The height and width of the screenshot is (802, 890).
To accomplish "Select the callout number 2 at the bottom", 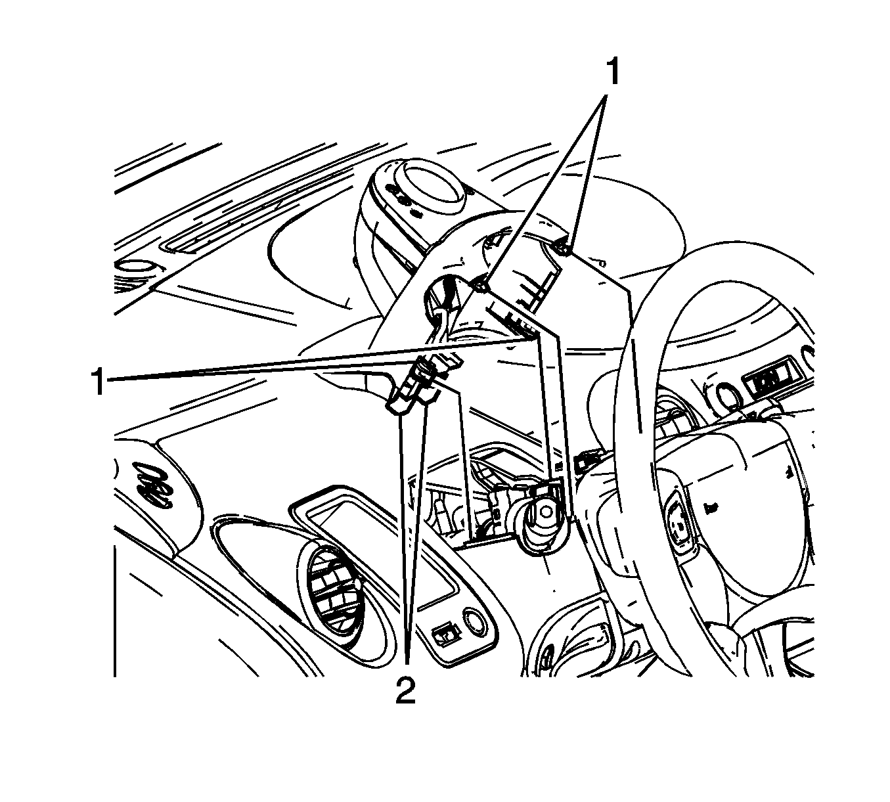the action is coord(405,691).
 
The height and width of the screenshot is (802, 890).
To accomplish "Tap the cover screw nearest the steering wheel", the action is coord(564,249).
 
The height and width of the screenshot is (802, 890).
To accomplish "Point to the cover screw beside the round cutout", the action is coord(481,287).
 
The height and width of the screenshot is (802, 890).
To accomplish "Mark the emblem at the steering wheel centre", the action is coord(680,524).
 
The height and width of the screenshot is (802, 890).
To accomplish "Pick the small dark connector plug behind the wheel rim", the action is coord(587,461).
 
